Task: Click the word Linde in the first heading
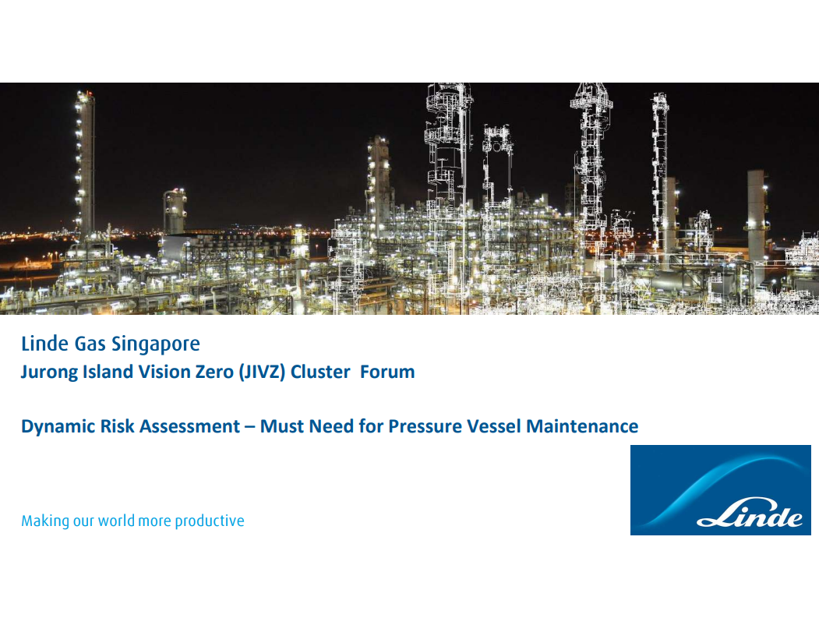click(x=44, y=344)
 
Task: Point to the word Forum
click(x=387, y=372)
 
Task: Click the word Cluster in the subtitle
click(x=319, y=372)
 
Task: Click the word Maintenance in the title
click(x=582, y=426)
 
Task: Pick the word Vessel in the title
click(x=493, y=426)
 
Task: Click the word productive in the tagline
click(x=209, y=521)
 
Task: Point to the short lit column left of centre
click(x=175, y=211)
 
